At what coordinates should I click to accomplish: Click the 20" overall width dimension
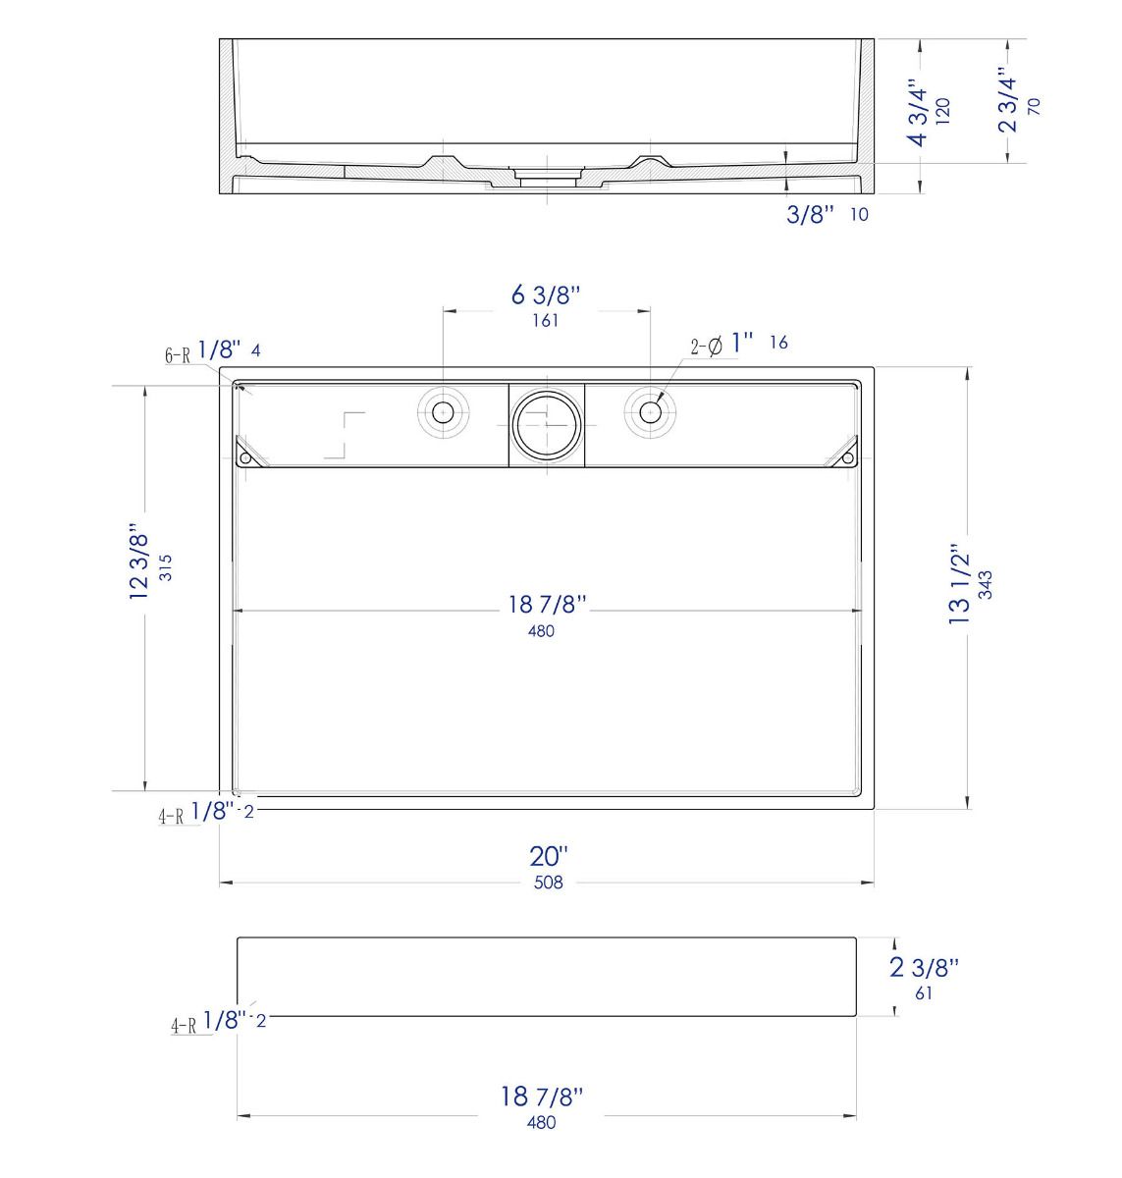pyautogui.click(x=548, y=857)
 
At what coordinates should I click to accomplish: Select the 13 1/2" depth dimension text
pyautogui.click(x=958, y=585)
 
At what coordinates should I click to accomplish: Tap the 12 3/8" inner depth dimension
pyautogui.click(x=137, y=562)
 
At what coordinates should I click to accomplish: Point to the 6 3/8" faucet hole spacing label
pyautogui.click(x=546, y=294)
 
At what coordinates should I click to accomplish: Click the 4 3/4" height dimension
pyautogui.click(x=918, y=112)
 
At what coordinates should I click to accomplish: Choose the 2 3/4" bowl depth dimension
pyautogui.click(x=1007, y=105)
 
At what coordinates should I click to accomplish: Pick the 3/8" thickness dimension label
pyautogui.click(x=810, y=214)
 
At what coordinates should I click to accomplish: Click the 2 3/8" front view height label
pyautogui.click(x=925, y=968)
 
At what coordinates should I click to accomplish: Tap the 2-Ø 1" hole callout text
pyautogui.click(x=722, y=345)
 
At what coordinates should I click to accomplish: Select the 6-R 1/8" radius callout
pyautogui.click(x=203, y=351)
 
